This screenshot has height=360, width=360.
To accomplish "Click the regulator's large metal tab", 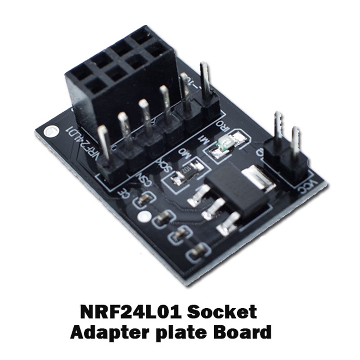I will click(x=260, y=177).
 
